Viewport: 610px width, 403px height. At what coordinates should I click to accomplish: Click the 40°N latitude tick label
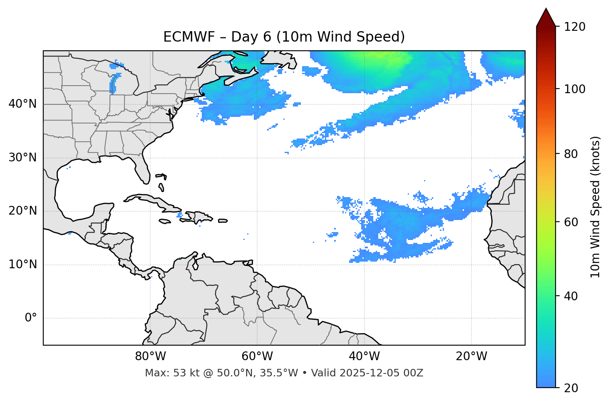coord(22,104)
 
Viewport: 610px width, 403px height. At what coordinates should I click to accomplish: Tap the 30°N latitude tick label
coord(22,158)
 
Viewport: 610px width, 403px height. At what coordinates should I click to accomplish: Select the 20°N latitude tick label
coord(22,211)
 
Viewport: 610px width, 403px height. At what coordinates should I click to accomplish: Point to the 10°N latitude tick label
coord(22,265)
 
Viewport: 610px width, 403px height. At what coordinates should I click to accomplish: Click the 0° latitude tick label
coord(31,318)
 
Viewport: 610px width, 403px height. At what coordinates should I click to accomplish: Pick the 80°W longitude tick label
coord(150,356)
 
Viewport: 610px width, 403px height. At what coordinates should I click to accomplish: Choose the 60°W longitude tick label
coord(257,356)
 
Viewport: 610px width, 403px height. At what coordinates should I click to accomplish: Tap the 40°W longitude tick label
coord(365,356)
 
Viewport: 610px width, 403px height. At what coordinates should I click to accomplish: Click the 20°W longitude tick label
coord(471,356)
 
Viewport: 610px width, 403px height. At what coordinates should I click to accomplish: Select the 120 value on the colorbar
coord(574,27)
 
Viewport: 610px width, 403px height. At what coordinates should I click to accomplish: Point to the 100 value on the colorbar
coord(574,89)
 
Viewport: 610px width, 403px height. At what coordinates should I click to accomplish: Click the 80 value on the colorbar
coord(571,154)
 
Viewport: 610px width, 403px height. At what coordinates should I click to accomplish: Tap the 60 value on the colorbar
coord(571,222)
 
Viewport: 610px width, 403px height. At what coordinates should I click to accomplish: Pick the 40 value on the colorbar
coord(571,296)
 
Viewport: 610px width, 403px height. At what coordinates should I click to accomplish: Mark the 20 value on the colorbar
coord(571,388)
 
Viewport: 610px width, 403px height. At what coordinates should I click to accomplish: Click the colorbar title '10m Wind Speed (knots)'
coord(595,207)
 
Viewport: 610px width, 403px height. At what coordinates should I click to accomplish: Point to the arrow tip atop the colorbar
coord(546,9)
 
